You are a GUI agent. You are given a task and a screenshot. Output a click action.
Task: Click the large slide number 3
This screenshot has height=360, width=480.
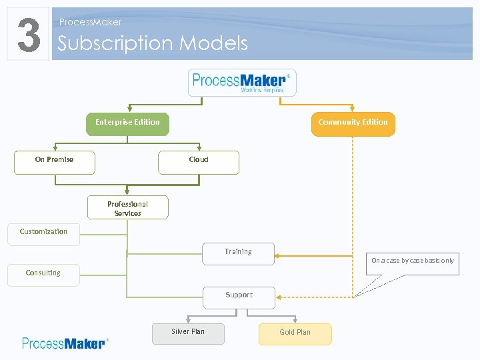28,34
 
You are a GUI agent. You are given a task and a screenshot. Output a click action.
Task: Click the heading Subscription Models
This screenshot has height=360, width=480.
153,43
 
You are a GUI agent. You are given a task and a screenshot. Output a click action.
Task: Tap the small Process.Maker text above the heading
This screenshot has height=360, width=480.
90,22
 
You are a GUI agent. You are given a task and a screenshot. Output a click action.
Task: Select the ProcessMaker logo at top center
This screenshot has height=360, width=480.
241,83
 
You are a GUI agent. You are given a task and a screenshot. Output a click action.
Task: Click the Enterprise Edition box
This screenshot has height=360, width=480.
127,123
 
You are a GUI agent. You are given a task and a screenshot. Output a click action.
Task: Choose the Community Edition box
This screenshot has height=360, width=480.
353,123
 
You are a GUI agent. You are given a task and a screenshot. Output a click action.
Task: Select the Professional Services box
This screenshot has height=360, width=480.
128,208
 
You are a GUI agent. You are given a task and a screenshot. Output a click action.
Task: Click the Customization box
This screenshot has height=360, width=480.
43,233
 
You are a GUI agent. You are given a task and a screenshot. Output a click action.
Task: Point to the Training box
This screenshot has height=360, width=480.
238,253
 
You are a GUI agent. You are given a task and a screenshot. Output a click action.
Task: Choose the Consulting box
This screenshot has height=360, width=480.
43,274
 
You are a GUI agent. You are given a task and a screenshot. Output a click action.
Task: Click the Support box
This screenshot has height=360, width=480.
239,296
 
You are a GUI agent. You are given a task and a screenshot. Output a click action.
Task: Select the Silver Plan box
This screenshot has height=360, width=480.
188,333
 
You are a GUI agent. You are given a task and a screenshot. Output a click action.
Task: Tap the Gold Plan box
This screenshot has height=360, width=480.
295,333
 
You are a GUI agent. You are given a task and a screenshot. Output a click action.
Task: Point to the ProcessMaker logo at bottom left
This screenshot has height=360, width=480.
65,343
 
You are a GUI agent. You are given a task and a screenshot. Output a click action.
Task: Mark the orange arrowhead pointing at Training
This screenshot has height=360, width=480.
278,255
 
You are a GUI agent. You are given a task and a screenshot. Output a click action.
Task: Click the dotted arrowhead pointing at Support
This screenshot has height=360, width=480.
279,297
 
